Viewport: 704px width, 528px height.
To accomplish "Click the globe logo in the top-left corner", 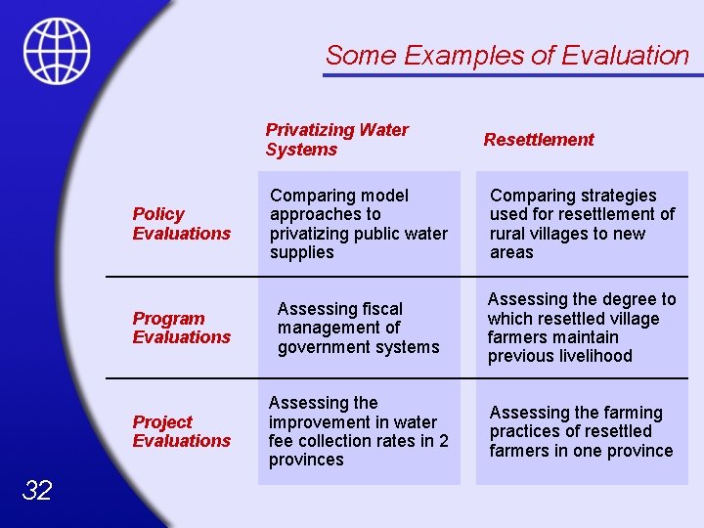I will click(x=58, y=51).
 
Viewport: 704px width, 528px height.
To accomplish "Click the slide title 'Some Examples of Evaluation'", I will click(x=506, y=56).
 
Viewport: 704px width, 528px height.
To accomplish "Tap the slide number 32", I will click(x=36, y=491).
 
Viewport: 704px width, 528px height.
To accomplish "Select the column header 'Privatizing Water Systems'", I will click(x=336, y=140).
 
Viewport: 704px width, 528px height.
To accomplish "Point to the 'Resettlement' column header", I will click(x=538, y=140).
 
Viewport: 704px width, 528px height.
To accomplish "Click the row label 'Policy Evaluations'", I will click(x=181, y=224).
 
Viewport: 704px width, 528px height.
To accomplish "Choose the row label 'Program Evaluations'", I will click(x=181, y=328).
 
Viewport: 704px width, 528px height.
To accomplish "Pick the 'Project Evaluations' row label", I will click(x=181, y=431).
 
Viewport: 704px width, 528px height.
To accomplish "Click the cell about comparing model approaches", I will click(x=358, y=224).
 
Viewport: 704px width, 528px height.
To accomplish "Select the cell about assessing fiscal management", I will click(x=358, y=328).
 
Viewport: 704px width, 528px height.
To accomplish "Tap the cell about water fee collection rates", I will click(x=358, y=431).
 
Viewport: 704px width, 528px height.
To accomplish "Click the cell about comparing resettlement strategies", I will click(x=582, y=224).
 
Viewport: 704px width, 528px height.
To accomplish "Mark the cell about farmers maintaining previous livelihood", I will click(x=582, y=328).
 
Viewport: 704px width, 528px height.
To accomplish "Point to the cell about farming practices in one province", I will click(x=582, y=431).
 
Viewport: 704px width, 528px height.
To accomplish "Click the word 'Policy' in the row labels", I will click(x=158, y=214).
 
